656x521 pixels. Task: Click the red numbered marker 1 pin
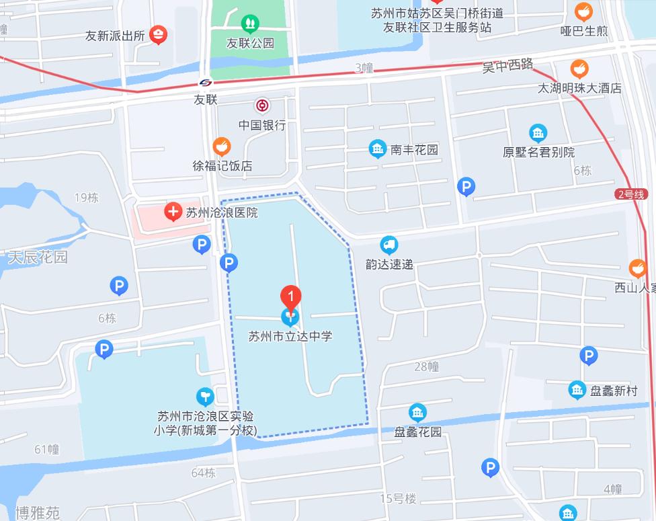point(290,296)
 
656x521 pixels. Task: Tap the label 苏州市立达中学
point(290,335)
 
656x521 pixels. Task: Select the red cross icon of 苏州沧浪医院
point(173,213)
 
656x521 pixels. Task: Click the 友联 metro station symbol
point(206,82)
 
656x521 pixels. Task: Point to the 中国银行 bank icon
point(261,106)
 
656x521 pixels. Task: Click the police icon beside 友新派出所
point(158,34)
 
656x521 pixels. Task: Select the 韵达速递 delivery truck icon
point(388,245)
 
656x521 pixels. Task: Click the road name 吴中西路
point(508,65)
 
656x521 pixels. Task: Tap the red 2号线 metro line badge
point(629,194)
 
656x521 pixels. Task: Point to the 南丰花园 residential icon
point(378,149)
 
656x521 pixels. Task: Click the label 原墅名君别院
point(538,152)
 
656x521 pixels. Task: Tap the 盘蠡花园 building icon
point(417,412)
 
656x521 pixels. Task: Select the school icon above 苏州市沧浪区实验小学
point(205,397)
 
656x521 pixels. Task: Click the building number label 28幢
point(426,366)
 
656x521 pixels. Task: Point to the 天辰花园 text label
point(38,257)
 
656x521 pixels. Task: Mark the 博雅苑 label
point(38,513)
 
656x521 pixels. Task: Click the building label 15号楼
point(398,498)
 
